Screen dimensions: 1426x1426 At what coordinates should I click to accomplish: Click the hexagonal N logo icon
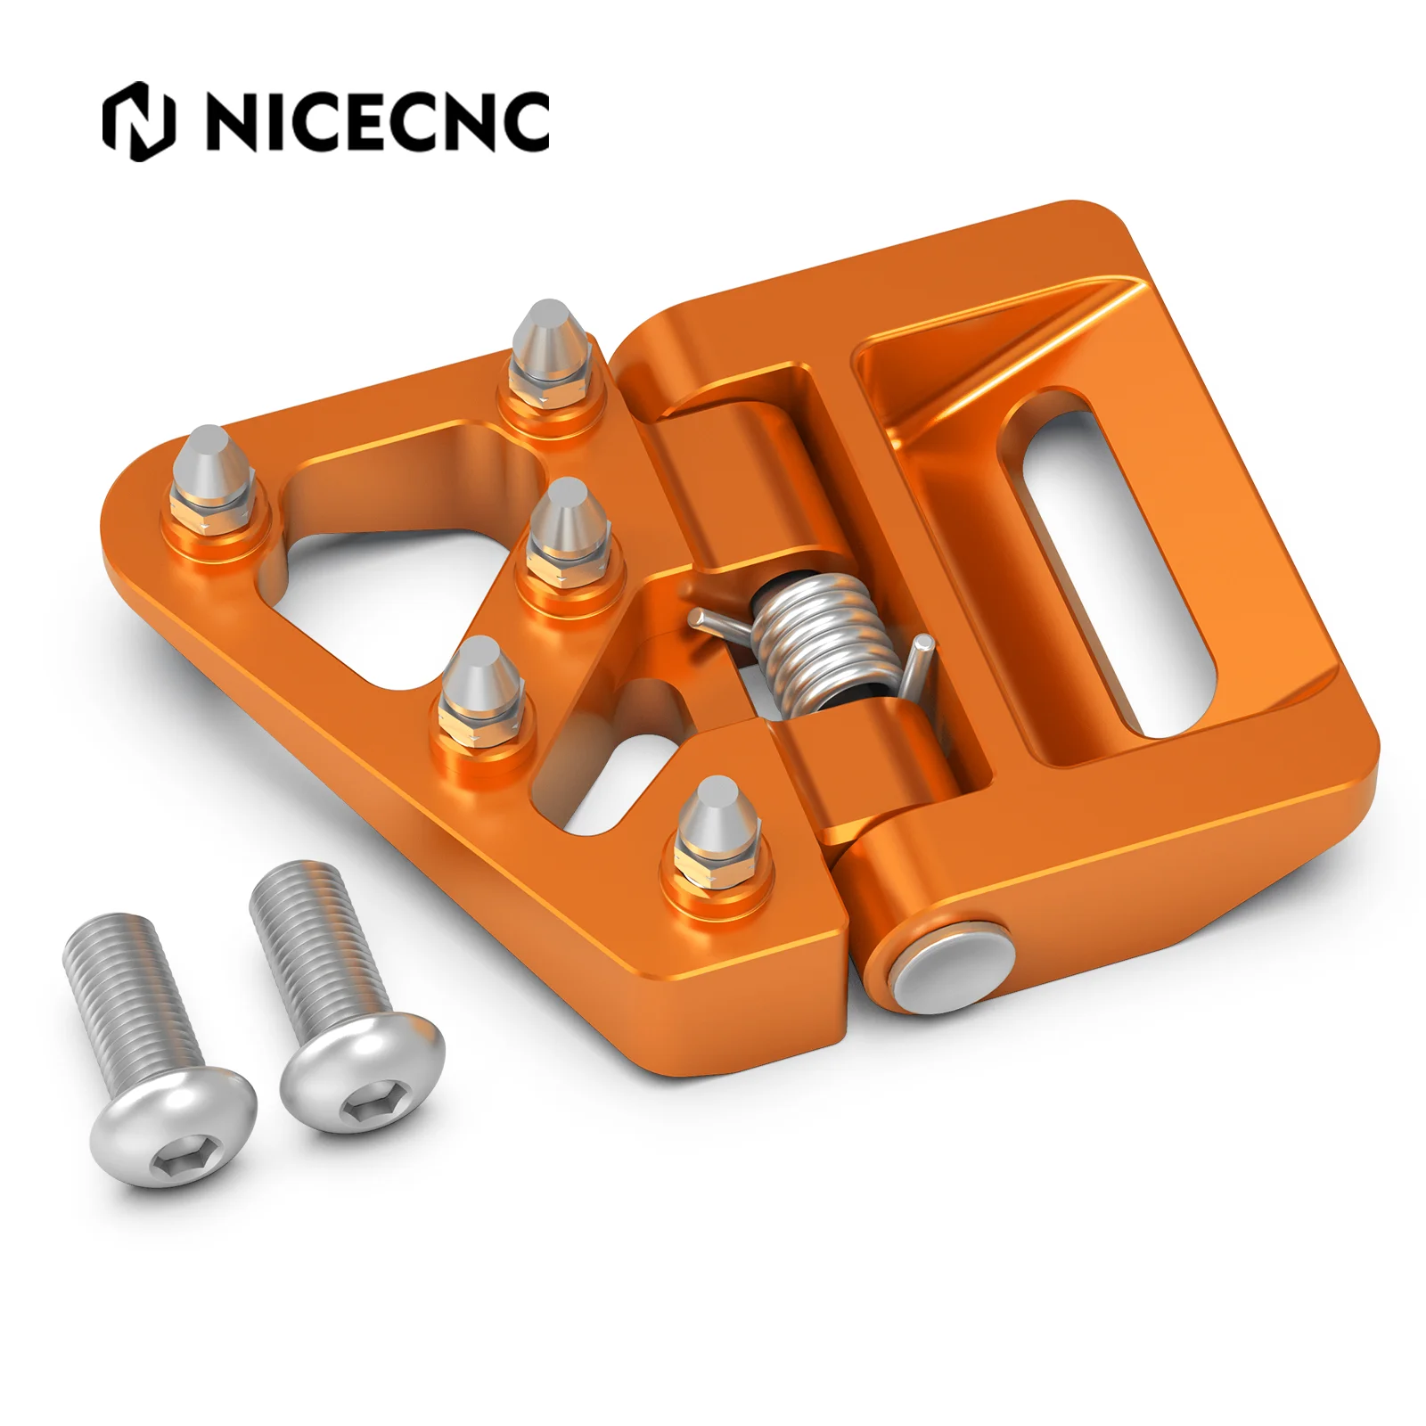[x=139, y=121]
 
